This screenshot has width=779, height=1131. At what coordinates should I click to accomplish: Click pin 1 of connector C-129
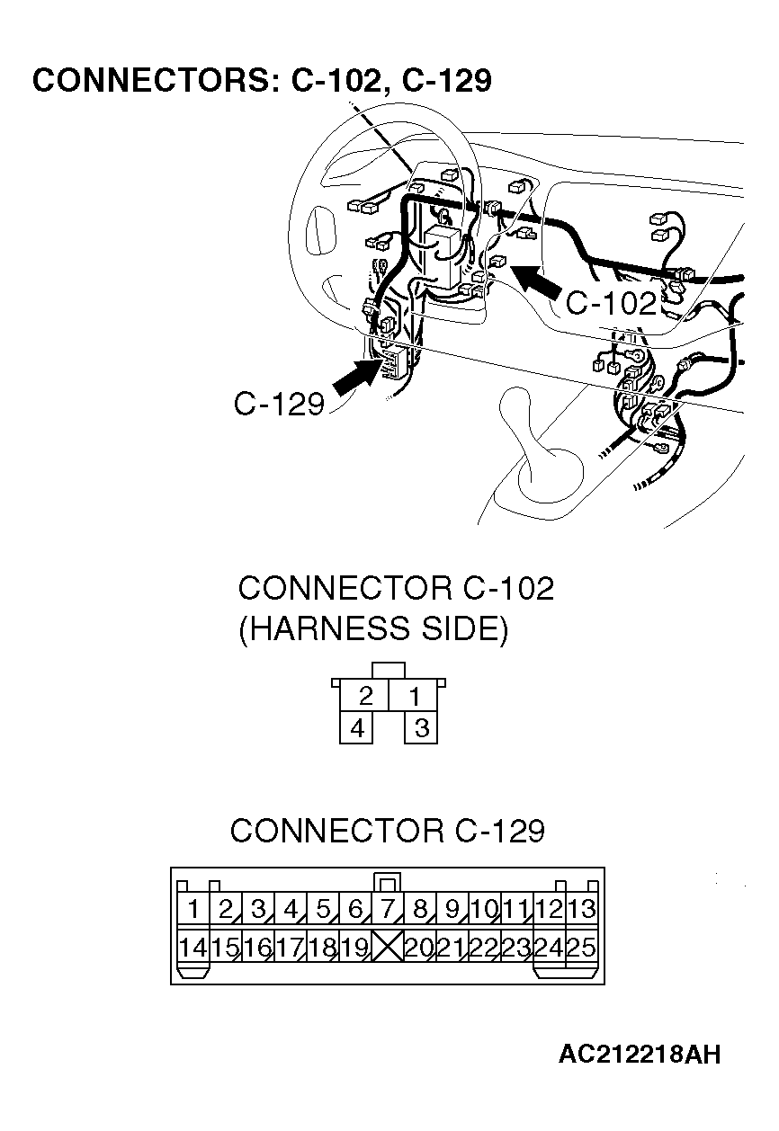(193, 909)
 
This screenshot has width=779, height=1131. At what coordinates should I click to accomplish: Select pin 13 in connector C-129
(582, 909)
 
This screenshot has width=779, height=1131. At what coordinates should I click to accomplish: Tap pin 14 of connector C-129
(193, 947)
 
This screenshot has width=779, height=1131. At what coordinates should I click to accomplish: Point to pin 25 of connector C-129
(582, 947)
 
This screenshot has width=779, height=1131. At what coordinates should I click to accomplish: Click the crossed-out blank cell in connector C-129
(387, 947)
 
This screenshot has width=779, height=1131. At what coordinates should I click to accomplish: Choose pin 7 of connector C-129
(387, 909)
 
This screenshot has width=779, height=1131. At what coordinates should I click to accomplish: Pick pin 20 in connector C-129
(419, 947)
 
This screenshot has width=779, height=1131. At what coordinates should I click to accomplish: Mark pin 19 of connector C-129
(354, 947)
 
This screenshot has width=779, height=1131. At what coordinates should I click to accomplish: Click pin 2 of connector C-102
(365, 696)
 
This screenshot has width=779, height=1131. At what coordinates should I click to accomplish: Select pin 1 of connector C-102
(414, 696)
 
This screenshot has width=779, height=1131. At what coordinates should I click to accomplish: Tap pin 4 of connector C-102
(357, 727)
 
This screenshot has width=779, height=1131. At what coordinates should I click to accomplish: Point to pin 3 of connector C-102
(420, 727)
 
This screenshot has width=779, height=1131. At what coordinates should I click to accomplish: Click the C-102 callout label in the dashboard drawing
(611, 304)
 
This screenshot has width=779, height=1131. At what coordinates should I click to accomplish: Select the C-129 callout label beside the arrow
(278, 404)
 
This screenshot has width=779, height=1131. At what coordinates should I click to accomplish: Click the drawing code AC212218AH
(639, 1054)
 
